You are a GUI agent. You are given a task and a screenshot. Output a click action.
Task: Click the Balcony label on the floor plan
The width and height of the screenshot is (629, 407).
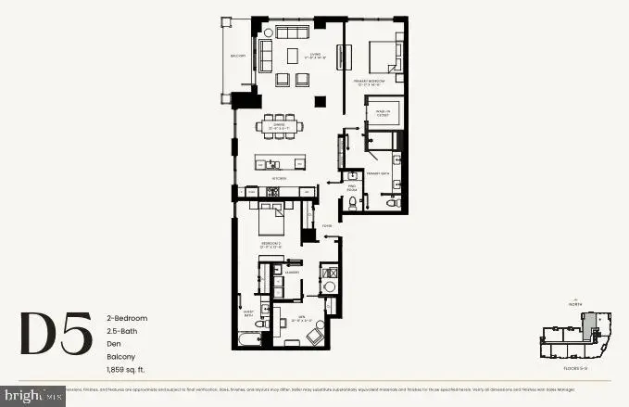[238, 57]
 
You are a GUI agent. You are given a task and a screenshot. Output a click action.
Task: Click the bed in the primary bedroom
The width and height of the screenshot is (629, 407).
[384, 58]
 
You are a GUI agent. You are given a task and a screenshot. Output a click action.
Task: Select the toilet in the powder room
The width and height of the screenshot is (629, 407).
[353, 203]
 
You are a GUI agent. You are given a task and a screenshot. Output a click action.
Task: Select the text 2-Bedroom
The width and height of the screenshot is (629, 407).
[127, 318]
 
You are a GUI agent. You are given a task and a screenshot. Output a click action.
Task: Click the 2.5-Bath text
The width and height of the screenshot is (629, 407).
[121, 331]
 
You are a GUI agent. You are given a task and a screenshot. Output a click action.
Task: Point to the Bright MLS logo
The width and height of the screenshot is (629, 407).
[32, 396]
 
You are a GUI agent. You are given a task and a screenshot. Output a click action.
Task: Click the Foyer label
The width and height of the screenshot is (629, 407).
[326, 226]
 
